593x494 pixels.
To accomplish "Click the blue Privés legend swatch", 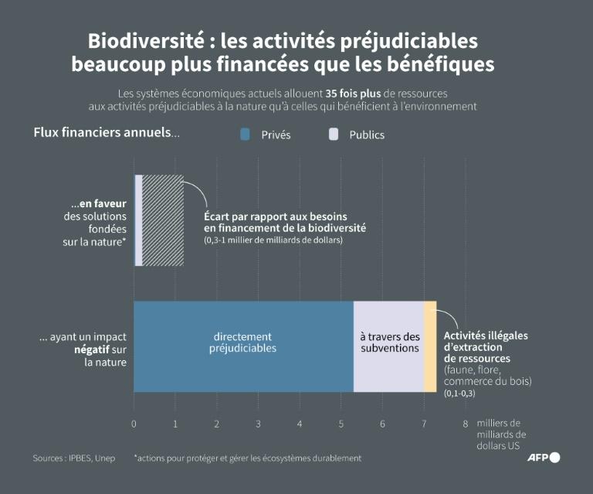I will [x=246, y=135].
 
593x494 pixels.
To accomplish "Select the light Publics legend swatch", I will [x=334, y=135].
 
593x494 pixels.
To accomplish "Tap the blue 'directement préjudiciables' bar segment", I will [x=243, y=346].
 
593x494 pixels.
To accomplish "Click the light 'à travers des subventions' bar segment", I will [x=388, y=346].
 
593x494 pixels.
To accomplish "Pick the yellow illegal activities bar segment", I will [x=430, y=346].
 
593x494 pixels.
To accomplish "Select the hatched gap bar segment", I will [x=163, y=220].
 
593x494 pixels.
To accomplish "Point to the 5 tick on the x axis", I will [x=341, y=424].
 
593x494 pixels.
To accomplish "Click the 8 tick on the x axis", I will [x=465, y=424].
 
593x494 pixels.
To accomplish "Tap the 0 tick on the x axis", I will [x=134, y=424].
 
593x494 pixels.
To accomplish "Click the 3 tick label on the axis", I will [x=258, y=424].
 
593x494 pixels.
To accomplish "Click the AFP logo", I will [x=544, y=458].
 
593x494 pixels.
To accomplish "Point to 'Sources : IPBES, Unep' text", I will [x=74, y=458].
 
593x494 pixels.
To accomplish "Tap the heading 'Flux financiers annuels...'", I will [x=107, y=132].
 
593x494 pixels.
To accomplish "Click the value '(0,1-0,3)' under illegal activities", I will [x=459, y=393].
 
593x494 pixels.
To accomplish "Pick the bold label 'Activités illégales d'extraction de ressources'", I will [x=486, y=347].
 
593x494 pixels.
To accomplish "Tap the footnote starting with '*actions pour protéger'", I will [x=247, y=458].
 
